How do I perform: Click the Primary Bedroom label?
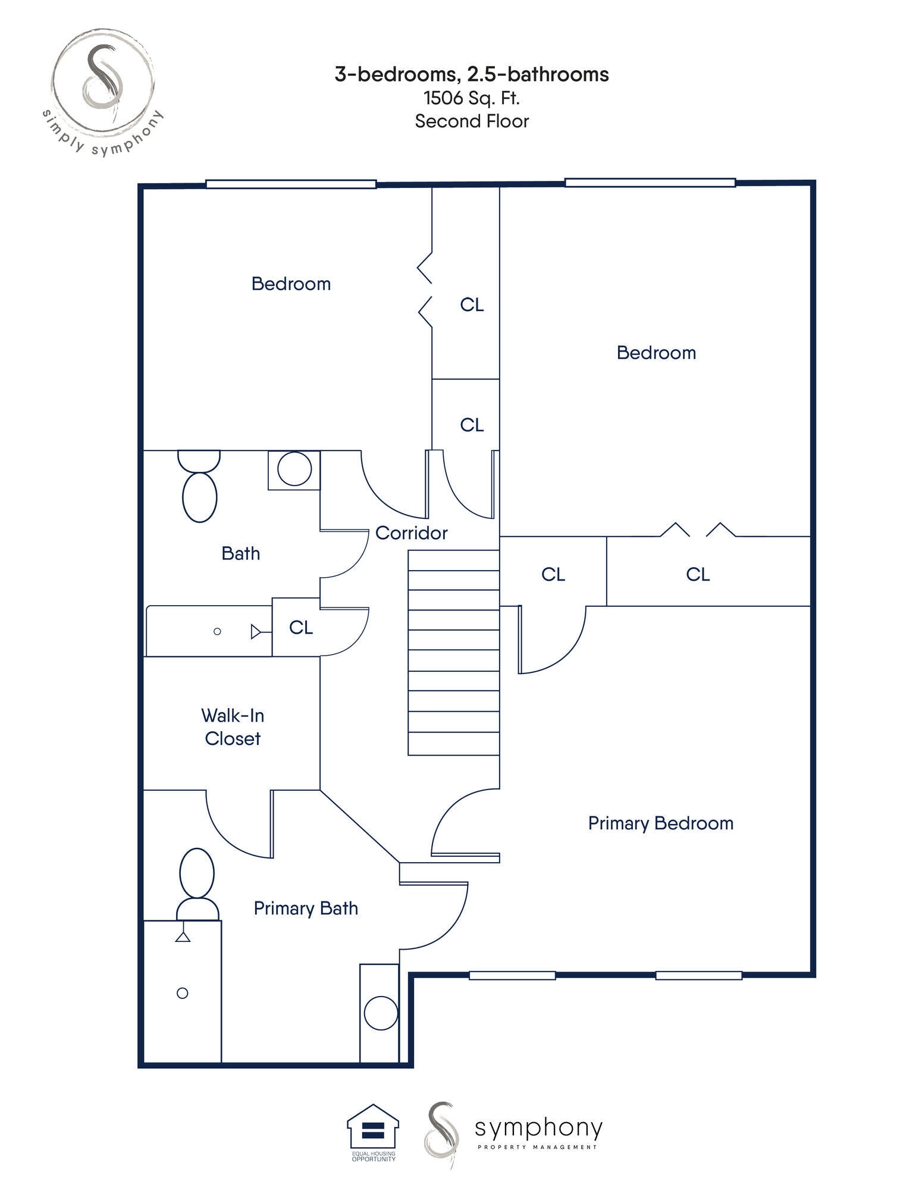[x=660, y=823]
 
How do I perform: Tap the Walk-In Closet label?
[x=232, y=726]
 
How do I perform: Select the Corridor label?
[x=411, y=533]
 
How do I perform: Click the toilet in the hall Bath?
[x=199, y=488]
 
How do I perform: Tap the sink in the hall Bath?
[x=294, y=469]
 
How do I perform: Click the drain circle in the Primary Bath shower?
[x=183, y=993]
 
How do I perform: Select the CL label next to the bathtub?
[x=301, y=628]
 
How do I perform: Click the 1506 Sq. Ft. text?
[x=472, y=98]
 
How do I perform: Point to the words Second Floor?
[x=472, y=121]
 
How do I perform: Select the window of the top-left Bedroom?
[x=291, y=184]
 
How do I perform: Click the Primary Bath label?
[x=306, y=909]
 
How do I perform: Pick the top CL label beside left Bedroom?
[x=472, y=305]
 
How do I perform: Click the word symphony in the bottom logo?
[x=538, y=1127]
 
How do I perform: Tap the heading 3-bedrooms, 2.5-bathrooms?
[x=472, y=74]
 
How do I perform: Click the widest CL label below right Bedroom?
[x=698, y=574]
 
